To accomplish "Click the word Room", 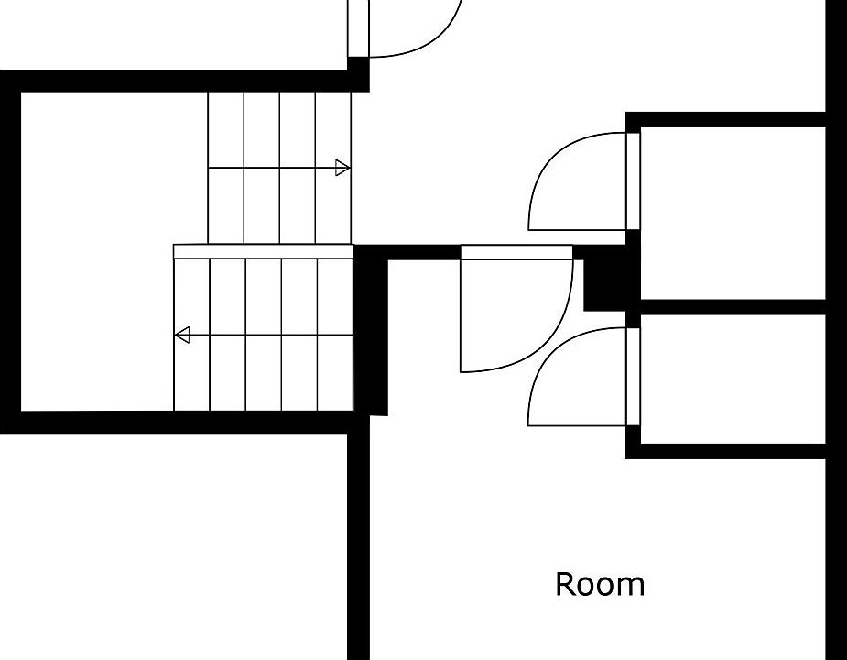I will (x=600, y=584).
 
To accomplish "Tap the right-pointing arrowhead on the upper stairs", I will (x=342, y=168).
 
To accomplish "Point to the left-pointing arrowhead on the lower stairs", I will (x=182, y=335).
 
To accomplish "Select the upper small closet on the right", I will (x=733, y=211).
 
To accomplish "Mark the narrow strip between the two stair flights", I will (x=263, y=251).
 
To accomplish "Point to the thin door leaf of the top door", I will (x=358, y=27).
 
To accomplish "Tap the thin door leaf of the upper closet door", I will (x=633, y=181).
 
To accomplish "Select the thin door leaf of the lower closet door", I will (x=633, y=376).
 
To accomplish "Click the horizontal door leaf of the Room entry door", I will (x=516, y=252).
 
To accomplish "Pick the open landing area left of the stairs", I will (x=101, y=247).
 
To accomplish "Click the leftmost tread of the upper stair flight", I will (x=226, y=168).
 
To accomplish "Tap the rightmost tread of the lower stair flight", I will (x=335, y=335).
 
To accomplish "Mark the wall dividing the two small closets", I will (x=733, y=306).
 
